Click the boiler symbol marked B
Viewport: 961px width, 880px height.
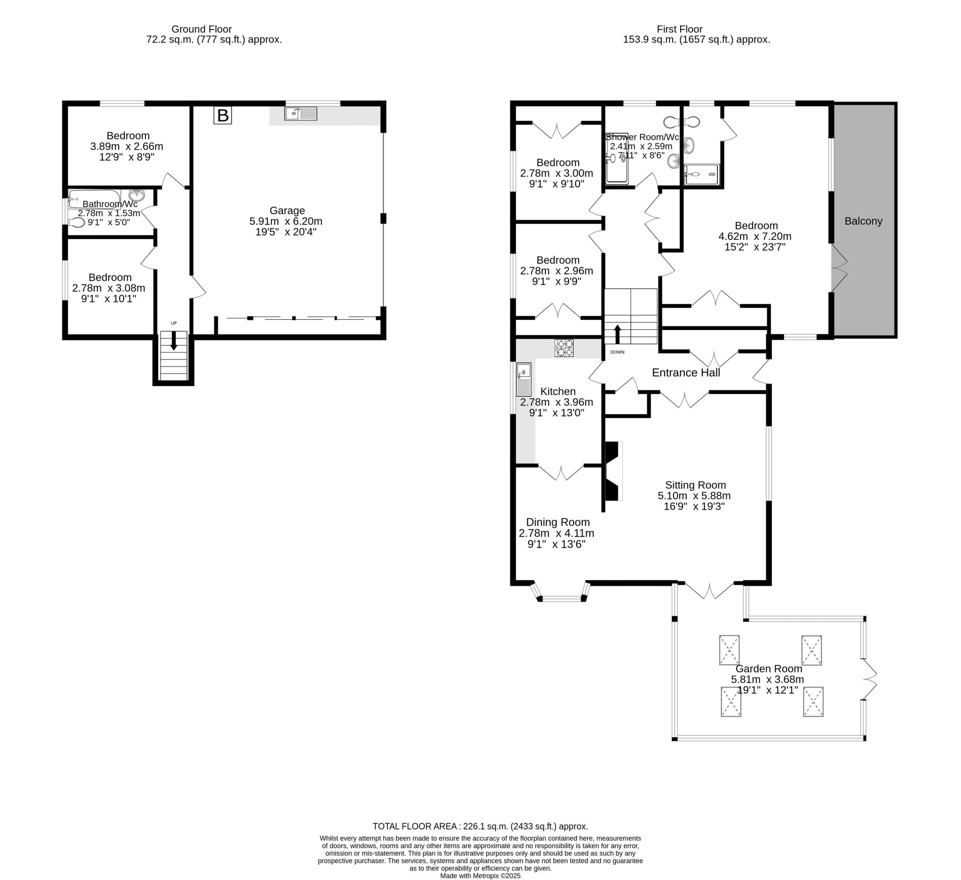coord(223,116)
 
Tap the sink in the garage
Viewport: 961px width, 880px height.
coord(301,114)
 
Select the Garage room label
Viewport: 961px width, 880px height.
coord(287,210)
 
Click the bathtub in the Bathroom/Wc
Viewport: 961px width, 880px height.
coord(95,199)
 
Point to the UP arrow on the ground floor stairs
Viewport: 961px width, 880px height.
coord(174,342)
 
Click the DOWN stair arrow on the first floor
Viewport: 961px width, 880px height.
coord(617,334)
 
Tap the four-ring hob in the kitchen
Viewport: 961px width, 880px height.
coord(564,348)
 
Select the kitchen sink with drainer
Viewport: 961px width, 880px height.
coord(524,379)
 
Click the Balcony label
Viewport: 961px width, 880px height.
coord(863,221)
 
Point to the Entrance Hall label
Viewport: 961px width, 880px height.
coord(686,372)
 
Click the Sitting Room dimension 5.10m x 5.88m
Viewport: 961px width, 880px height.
coord(694,496)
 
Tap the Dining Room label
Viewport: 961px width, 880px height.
coord(554,522)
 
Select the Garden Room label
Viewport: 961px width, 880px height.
coord(769,669)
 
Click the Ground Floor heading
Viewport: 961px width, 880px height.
coord(202,29)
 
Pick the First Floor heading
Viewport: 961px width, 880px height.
coord(680,29)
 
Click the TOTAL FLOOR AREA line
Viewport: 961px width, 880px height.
coord(480,826)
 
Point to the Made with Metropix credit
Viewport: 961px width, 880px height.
coord(480,876)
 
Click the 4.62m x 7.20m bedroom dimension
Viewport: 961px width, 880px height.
coord(755,236)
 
